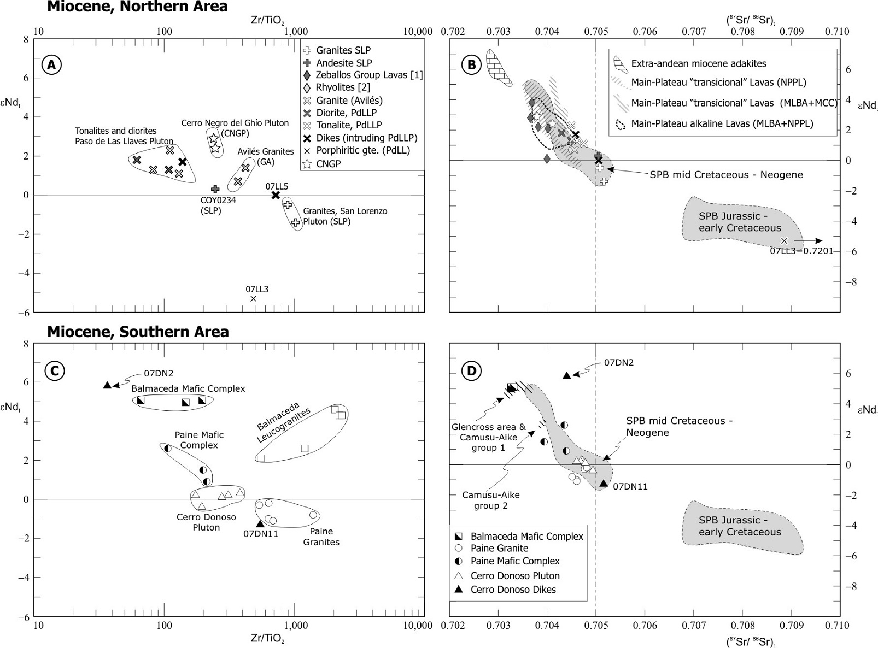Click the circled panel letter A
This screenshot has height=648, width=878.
[51, 65]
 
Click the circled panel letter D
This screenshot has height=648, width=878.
[471, 372]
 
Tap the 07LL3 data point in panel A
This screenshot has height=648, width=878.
[253, 298]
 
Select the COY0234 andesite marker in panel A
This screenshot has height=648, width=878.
[215, 189]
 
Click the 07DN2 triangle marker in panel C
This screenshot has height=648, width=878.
[108, 385]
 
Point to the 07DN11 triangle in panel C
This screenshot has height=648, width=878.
[260, 523]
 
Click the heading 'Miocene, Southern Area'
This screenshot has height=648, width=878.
[138, 332]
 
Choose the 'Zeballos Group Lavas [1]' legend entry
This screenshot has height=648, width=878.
[369, 75]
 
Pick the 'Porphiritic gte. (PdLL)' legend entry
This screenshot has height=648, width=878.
[362, 150]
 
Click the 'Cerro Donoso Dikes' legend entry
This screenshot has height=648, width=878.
[513, 590]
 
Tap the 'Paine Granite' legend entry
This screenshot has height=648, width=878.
[499, 548]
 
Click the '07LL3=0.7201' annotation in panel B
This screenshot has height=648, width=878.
[801, 251]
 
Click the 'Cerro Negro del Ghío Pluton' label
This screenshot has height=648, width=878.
[235, 123]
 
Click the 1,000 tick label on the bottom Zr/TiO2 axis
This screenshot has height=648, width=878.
[295, 625]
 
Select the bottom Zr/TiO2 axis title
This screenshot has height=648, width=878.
[267, 638]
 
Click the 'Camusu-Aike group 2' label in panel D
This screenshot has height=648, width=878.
[490, 500]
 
